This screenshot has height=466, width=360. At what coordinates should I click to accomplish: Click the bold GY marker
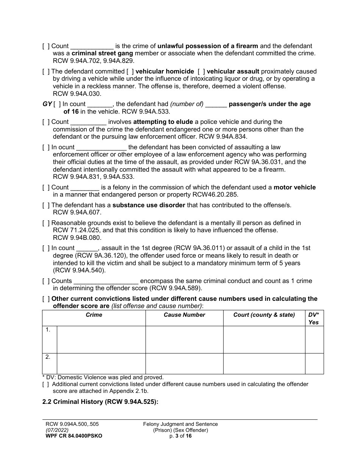[x=47, y=104]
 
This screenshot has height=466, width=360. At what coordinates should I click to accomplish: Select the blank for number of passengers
[x=216, y=105]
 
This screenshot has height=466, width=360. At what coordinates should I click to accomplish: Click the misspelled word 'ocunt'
[x=66, y=147]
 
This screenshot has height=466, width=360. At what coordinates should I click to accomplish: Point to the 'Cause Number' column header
[x=184, y=315]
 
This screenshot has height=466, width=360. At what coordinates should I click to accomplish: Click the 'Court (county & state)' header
[x=264, y=315]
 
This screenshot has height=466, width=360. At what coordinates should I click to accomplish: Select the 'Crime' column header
[x=94, y=315]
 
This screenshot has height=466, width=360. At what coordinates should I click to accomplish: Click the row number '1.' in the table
[x=48, y=330]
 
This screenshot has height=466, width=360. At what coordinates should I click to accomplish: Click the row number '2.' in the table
[x=48, y=357]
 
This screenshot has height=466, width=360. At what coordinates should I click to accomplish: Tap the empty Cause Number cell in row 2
[x=184, y=364]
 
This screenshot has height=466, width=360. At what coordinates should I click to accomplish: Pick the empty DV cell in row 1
[x=314, y=339]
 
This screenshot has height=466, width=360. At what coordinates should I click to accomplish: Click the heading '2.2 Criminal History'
[x=100, y=403]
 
